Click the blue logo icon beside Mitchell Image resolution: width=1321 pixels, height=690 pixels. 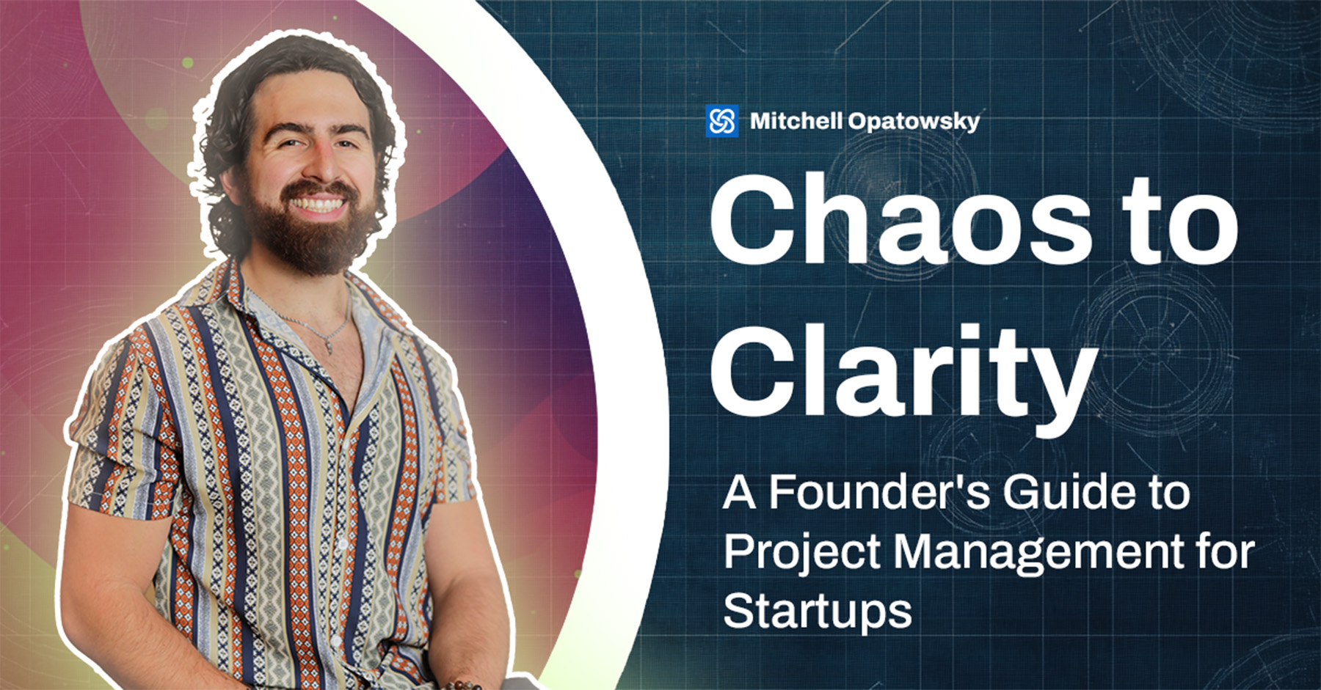(721, 121)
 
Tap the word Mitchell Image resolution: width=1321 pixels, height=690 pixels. (796, 121)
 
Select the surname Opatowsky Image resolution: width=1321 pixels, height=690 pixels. (914, 122)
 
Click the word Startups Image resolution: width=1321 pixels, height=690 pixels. (818, 612)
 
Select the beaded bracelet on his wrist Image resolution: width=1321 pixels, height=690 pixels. (462, 686)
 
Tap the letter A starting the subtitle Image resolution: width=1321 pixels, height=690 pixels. (739, 493)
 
